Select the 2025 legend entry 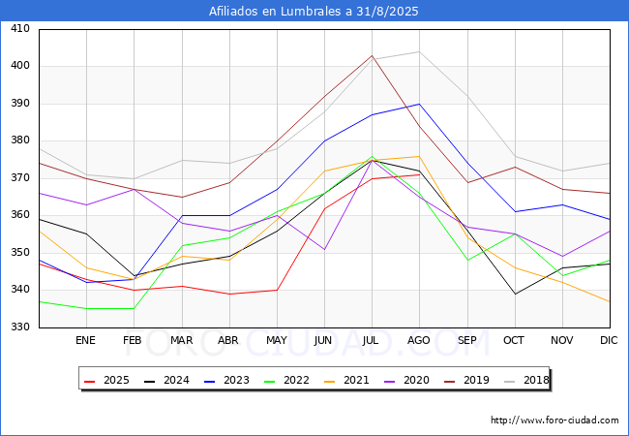pyautogui.click(x=106, y=380)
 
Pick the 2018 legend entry pyautogui.click(x=526, y=380)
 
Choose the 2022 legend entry pyautogui.click(x=286, y=380)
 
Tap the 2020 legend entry pyautogui.click(x=406, y=380)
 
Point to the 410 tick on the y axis pyautogui.click(x=20, y=28)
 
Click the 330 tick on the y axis pyautogui.click(x=20, y=327)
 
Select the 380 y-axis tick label pyautogui.click(x=20, y=140)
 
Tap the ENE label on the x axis pyautogui.click(x=85, y=340)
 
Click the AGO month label pyautogui.click(x=419, y=340)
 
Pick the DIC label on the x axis pyautogui.click(x=609, y=340)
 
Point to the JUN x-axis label pyautogui.click(x=323, y=340)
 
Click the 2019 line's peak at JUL pyautogui.click(x=372, y=55)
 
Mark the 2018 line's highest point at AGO pyautogui.click(x=420, y=51)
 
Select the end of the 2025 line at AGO pyautogui.click(x=420, y=174)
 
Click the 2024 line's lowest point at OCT pyautogui.click(x=515, y=294)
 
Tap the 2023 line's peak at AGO pyautogui.click(x=420, y=104)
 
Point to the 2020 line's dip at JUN pyautogui.click(x=324, y=249)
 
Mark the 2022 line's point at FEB pyautogui.click(x=134, y=308)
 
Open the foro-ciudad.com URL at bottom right pyautogui.click(x=554, y=420)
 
